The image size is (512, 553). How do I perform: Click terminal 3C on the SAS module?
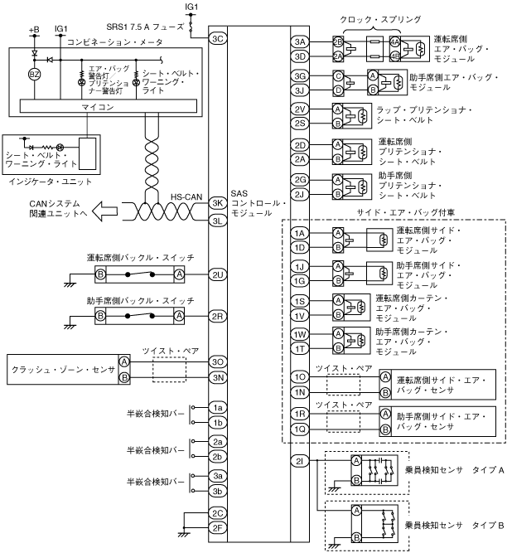pyautogui.click(x=218, y=38)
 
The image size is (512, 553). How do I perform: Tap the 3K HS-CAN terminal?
pyautogui.click(x=218, y=202)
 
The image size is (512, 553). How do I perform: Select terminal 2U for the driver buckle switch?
pyautogui.click(x=218, y=274)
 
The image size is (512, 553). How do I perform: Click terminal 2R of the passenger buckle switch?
pyautogui.click(x=218, y=316)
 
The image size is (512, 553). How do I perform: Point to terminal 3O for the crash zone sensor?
pyautogui.click(x=218, y=361)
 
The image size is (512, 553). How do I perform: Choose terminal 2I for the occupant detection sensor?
pyautogui.click(x=299, y=460)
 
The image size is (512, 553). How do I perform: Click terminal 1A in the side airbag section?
pyautogui.click(x=299, y=234)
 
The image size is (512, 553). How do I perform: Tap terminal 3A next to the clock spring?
pyautogui.click(x=299, y=42)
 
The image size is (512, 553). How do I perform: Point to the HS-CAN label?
pyautogui.click(x=187, y=196)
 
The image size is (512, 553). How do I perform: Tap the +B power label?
pyautogui.click(x=34, y=29)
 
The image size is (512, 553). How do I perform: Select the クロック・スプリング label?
pyautogui.click(x=380, y=17)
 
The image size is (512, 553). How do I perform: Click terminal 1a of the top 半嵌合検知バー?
pyautogui.click(x=218, y=408)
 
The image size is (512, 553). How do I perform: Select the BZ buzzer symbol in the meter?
pyautogui.click(x=35, y=73)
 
